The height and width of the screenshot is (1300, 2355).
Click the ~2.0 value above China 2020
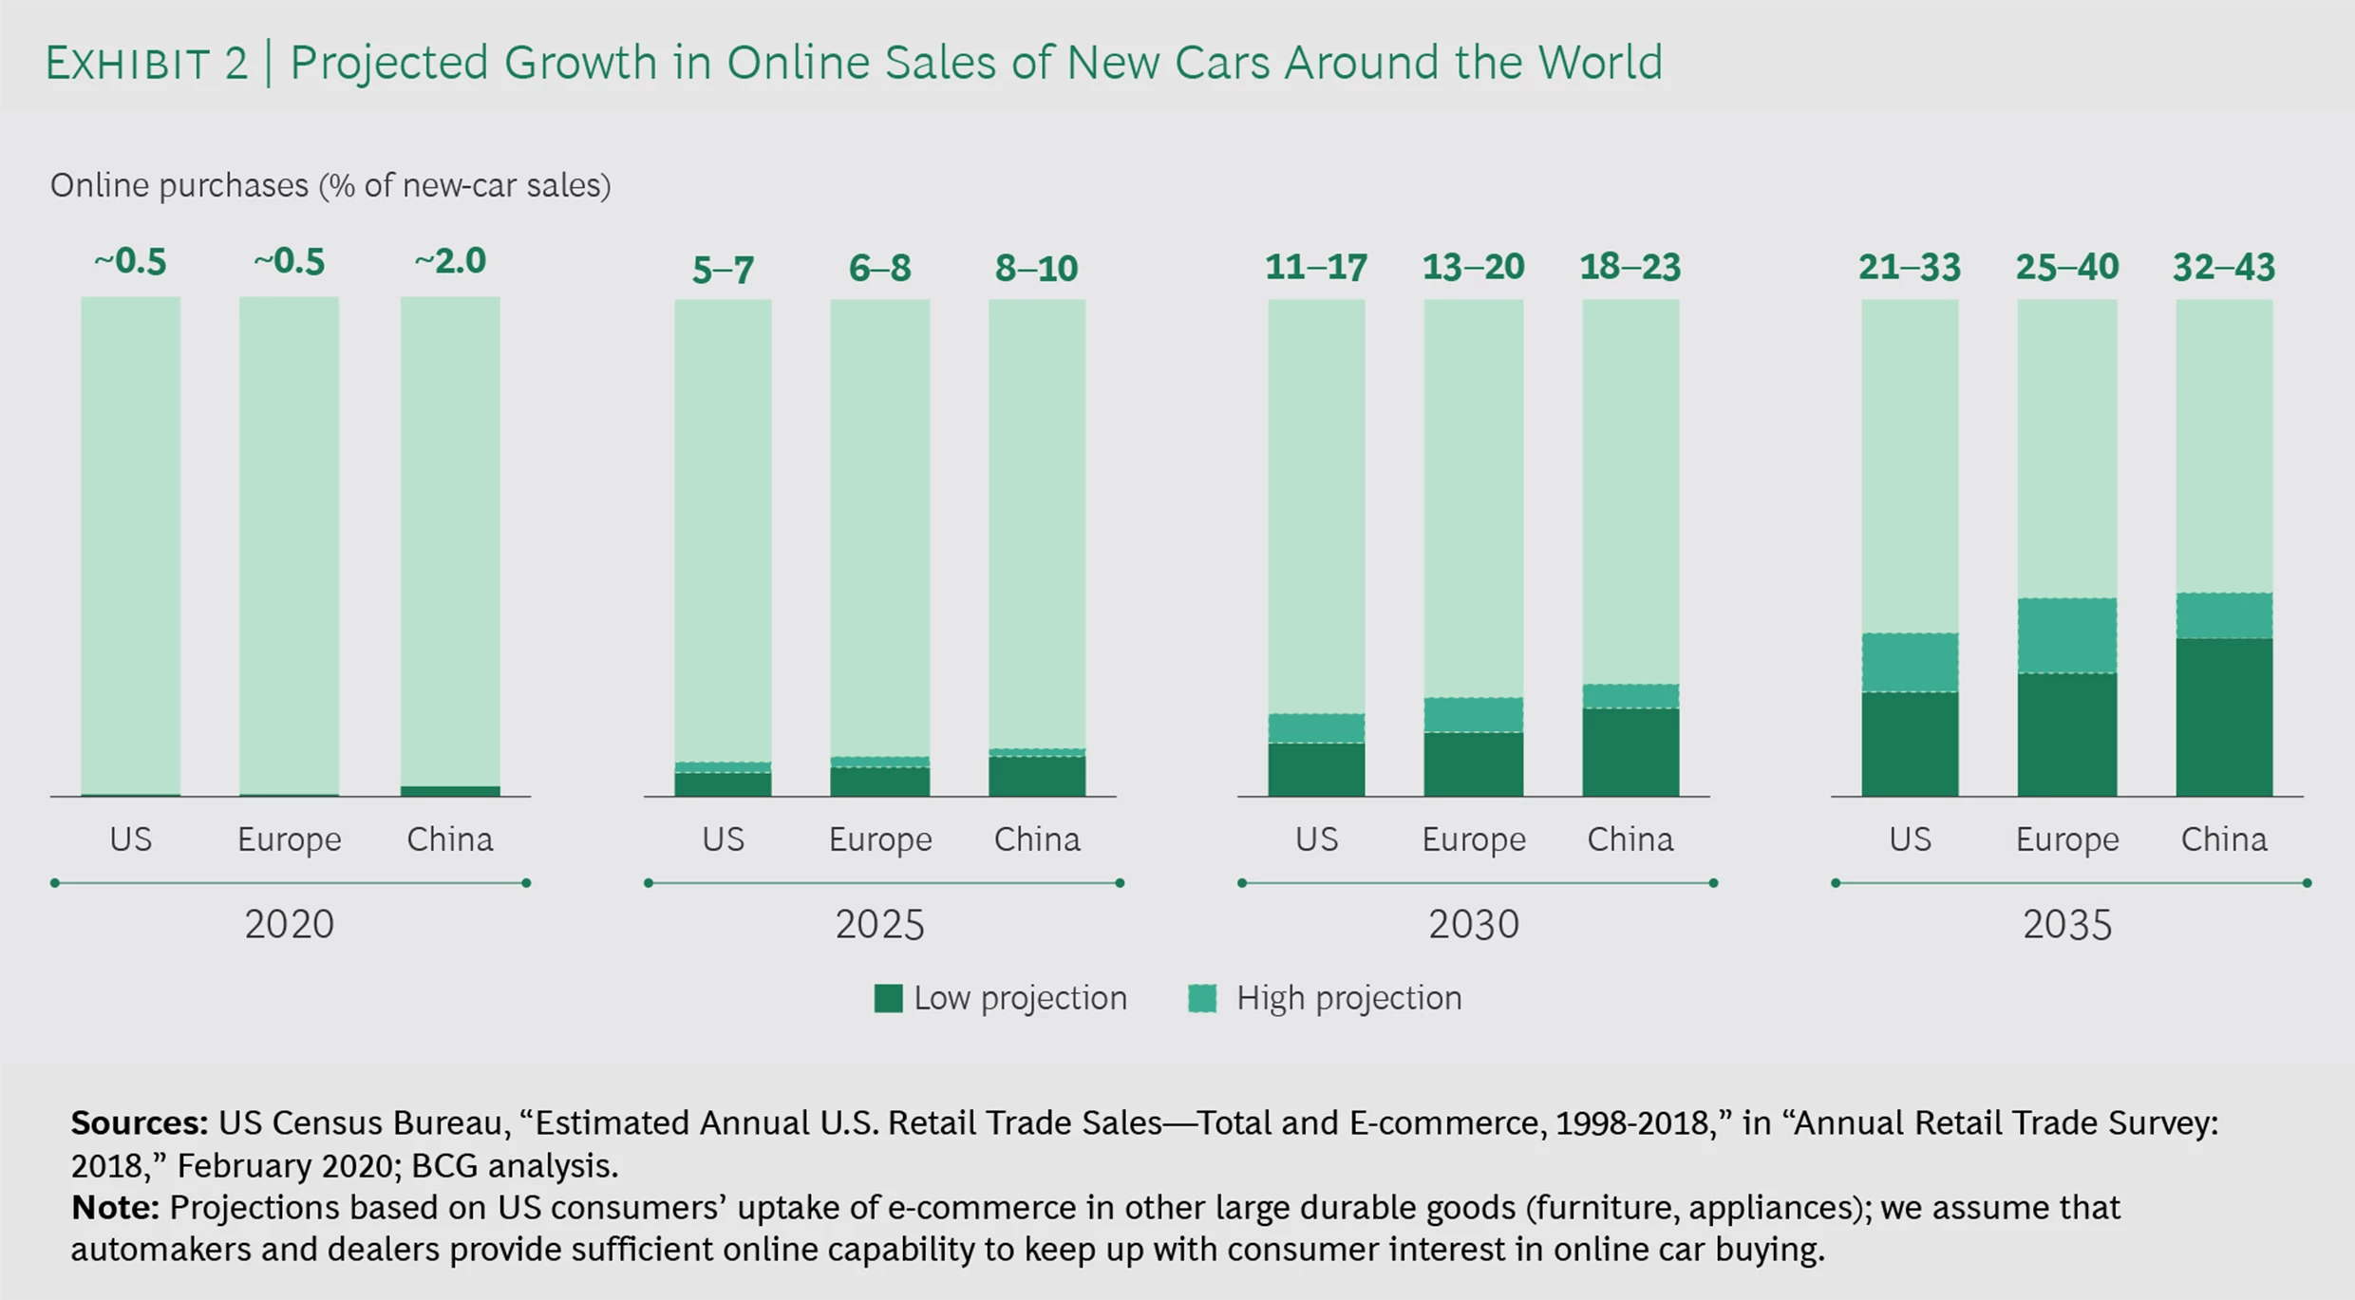(450, 261)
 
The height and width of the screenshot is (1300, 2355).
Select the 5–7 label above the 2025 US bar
(723, 271)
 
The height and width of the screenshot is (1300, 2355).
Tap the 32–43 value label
(2223, 268)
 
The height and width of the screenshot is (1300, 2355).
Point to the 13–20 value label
(1473, 268)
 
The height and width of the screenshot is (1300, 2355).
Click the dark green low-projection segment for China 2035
(2223, 717)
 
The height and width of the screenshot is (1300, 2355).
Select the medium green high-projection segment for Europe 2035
(2066, 635)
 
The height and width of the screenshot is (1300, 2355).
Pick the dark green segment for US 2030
(1315, 769)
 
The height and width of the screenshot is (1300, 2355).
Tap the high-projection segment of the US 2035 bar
(1909, 662)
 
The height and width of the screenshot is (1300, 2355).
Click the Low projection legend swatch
(888, 998)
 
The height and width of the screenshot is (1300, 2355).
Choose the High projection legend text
(1347, 998)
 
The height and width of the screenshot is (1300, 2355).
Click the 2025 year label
(879, 924)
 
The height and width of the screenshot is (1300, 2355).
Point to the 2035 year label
(2066, 924)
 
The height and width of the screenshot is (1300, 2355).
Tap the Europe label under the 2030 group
(1473, 839)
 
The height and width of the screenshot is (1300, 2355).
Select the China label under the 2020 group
(450, 839)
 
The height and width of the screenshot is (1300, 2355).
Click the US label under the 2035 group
(1909, 839)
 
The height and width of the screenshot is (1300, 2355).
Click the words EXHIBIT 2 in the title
(146, 64)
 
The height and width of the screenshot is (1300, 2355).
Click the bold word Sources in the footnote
(139, 1122)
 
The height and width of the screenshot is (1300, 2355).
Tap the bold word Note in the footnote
(114, 1207)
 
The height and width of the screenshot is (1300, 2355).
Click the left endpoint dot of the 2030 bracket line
(1242, 883)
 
